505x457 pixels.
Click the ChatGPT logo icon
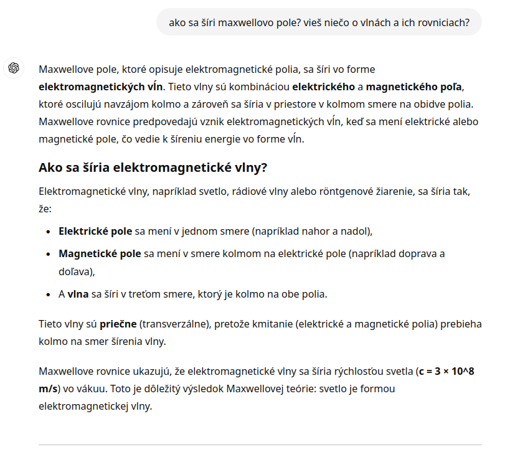14,68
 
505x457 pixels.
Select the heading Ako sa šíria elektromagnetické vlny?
153,167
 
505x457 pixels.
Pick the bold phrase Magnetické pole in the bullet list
100,254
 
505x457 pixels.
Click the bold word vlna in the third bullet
78,294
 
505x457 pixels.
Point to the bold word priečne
118,324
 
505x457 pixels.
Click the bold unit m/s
48,389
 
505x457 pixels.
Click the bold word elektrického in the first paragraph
323,86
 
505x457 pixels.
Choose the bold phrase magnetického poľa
420,86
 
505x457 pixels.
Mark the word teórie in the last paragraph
301,389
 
